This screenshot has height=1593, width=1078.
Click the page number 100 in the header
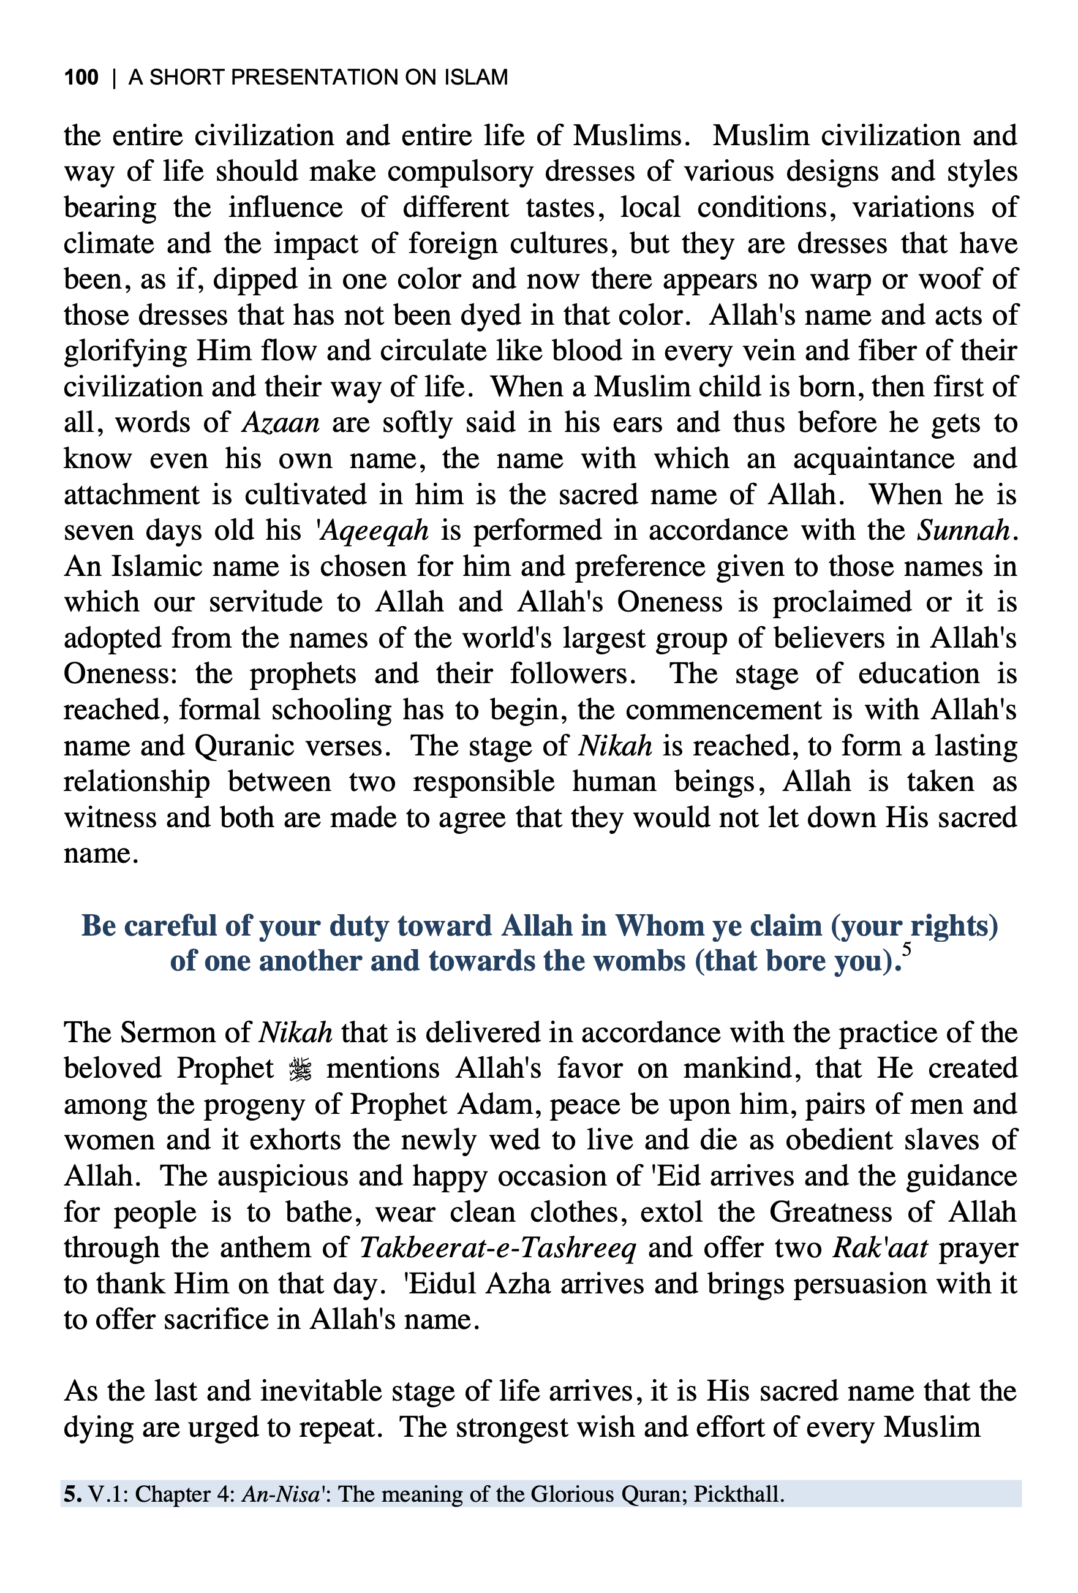pos(81,77)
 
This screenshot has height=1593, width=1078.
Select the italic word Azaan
pos(281,423)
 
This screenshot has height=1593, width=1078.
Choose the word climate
pos(110,244)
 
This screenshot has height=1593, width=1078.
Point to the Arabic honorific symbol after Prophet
pos(300,1069)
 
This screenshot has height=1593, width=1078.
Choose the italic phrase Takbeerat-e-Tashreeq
pos(497,1248)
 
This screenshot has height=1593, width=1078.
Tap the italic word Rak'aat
pos(881,1248)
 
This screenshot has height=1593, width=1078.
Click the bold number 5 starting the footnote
pos(72,1494)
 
